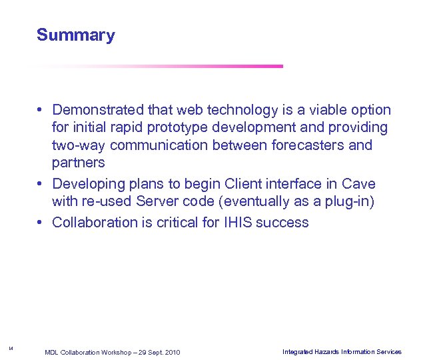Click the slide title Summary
click(75, 35)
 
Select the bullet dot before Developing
click(41, 183)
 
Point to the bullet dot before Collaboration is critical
click(41, 223)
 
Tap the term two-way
click(76, 145)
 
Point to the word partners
click(78, 163)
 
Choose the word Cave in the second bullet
click(359, 183)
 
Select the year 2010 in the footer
click(171, 352)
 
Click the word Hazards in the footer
click(325, 351)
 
